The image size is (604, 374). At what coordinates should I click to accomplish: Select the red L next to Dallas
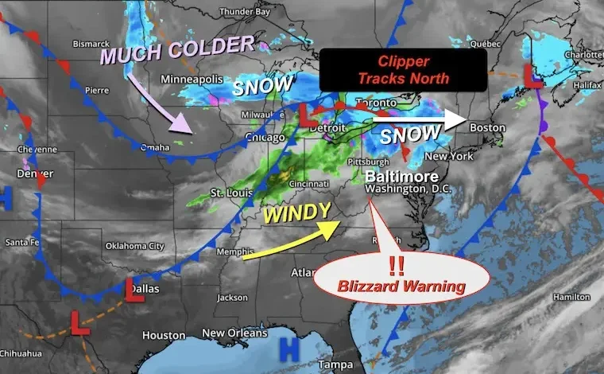tap(134, 290)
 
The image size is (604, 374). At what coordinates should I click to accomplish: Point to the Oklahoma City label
tap(135, 246)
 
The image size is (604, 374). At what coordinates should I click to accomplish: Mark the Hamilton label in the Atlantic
tap(571, 297)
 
